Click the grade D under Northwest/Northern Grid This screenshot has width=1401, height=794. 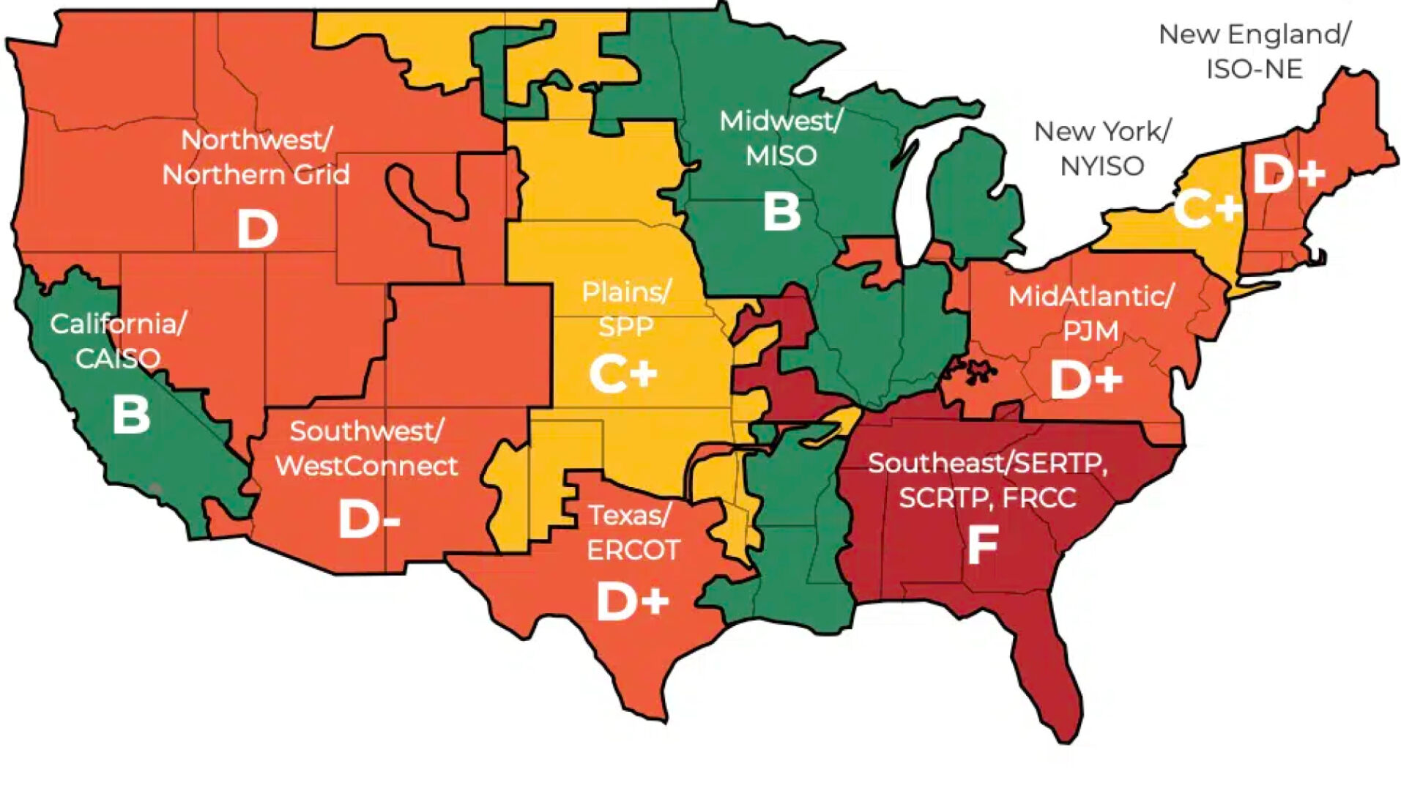[257, 229]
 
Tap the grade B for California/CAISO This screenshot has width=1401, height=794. [131, 415]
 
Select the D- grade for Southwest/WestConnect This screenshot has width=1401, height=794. [368, 519]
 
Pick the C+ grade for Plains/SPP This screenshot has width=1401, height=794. [623, 374]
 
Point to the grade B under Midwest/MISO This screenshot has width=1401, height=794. [781, 212]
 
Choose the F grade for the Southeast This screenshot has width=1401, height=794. [982, 546]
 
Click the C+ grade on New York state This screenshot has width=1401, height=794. [1208, 209]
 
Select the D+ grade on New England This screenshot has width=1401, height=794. [1289, 174]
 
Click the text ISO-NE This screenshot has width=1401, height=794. [1254, 70]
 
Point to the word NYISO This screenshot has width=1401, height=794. [1101, 166]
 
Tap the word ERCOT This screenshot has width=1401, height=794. [633, 550]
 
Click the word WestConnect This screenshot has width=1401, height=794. [366, 466]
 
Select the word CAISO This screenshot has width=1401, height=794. [117, 358]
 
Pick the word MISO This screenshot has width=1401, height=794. [781, 155]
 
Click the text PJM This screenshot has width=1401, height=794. [1090, 331]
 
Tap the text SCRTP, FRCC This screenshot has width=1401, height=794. [987, 498]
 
